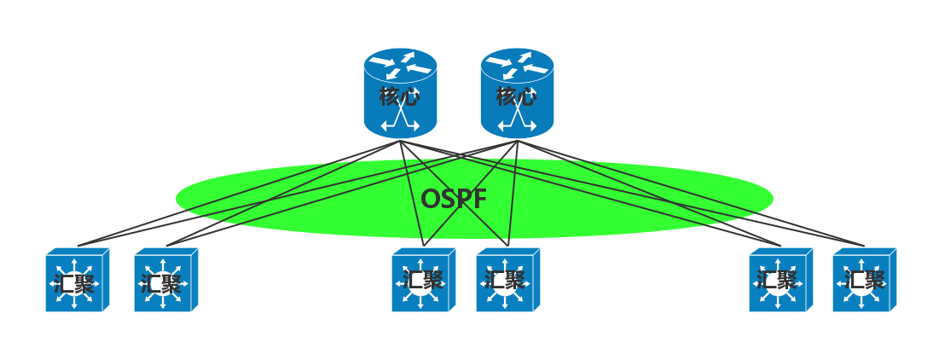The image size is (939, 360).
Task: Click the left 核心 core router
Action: click(400, 94)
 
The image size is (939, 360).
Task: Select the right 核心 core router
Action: click(517, 94)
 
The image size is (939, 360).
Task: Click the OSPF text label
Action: click(454, 199)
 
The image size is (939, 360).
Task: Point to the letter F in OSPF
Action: click(479, 199)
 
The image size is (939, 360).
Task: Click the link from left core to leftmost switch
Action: click(239, 193)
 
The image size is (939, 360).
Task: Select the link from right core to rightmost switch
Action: click(691, 193)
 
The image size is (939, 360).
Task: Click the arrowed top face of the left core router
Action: click(400, 65)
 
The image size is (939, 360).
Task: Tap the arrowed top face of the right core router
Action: click(517, 65)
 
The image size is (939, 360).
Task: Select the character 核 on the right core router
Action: click(507, 96)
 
